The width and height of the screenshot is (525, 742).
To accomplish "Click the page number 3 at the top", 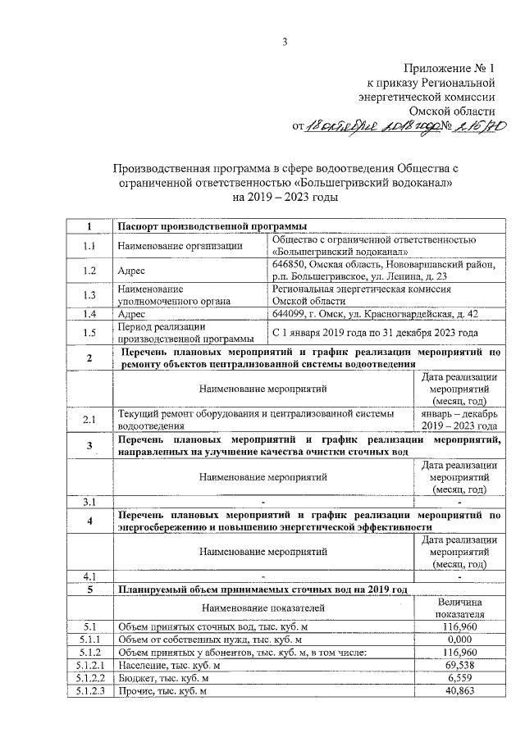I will (x=262, y=42).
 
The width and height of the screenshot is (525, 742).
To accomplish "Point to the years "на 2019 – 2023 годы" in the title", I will (x=262, y=198).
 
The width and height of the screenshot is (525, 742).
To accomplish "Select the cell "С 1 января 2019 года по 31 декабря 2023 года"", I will (x=374, y=333).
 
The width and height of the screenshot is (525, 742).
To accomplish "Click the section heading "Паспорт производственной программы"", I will (x=212, y=225).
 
